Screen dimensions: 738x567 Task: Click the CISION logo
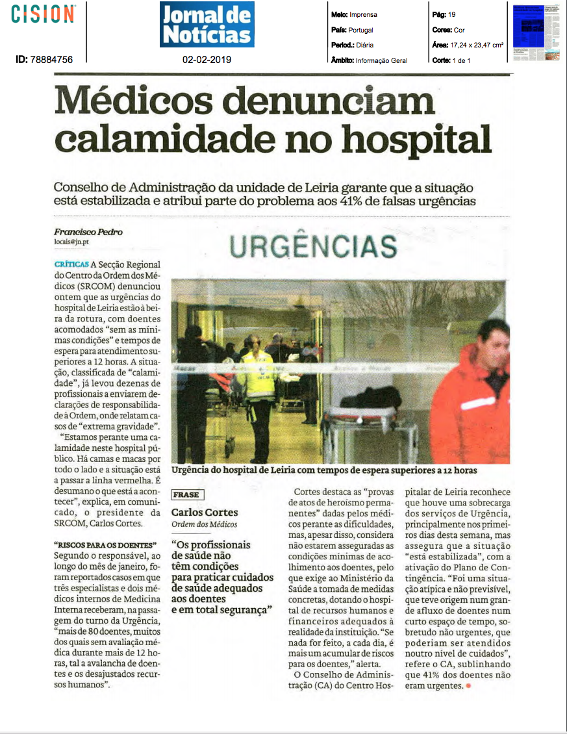(x=43, y=14)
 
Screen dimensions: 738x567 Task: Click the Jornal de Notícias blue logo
(x=207, y=24)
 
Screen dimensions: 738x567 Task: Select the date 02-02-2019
(x=207, y=60)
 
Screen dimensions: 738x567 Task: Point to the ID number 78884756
(x=51, y=60)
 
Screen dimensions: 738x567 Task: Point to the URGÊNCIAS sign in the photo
(x=313, y=247)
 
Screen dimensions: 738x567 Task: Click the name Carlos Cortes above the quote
(x=205, y=513)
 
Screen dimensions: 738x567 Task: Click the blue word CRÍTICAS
(x=72, y=264)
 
